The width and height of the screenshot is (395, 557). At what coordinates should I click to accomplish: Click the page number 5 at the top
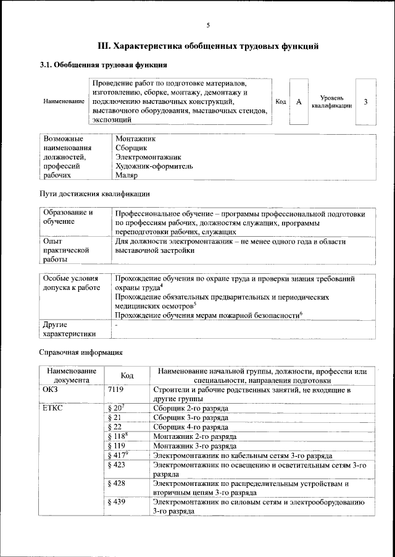pos(208,25)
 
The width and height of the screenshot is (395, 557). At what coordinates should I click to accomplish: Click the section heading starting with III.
pos(209,46)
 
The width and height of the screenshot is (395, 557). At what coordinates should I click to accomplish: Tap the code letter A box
pos(299,101)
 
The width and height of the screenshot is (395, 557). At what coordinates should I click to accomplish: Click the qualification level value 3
pos(366,101)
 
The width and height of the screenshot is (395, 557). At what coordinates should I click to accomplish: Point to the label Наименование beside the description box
pos(64,101)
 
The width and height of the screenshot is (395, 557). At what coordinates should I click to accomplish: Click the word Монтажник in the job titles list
pos(135,140)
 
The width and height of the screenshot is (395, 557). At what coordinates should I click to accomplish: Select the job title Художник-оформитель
pos(154,166)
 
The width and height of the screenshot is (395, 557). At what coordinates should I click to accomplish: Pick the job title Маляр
pos(127,175)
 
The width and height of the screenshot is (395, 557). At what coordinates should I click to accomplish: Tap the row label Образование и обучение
pos(68,216)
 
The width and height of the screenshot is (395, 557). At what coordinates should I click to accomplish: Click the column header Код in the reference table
pos(127,375)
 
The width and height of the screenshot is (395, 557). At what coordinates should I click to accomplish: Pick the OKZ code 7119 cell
pos(115,390)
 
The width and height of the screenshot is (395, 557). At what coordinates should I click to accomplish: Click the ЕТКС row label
pos(54,409)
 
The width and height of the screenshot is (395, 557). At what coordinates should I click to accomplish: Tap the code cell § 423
pos(116,464)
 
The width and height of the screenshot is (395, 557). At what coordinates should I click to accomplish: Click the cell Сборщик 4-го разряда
pos(191,427)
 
